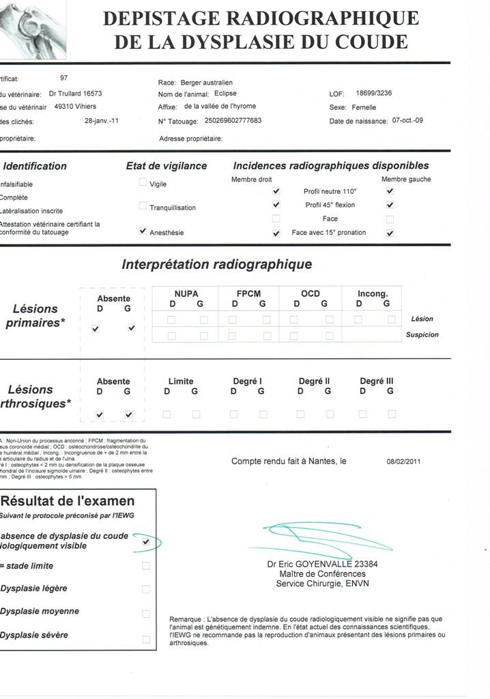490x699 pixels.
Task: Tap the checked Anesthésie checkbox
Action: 143,231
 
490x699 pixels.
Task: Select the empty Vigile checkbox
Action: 143,182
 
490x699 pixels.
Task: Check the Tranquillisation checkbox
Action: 143,206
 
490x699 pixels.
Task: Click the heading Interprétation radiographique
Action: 216,264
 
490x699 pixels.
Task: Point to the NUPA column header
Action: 186,294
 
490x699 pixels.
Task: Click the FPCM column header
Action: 248,294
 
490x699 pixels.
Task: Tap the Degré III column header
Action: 376,381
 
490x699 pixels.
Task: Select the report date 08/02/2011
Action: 405,461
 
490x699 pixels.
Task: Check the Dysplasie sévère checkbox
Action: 145,639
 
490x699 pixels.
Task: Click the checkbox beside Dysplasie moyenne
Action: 145,614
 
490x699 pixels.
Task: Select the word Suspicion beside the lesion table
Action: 422,335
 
